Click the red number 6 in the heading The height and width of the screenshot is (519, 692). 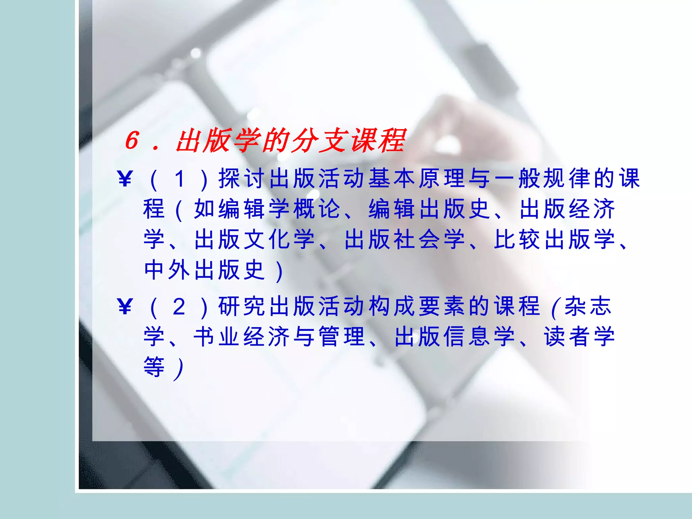pyautogui.click(x=132, y=140)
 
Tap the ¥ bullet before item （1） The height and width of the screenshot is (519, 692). pyautogui.click(x=125, y=178)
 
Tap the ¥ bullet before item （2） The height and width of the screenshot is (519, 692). pyautogui.click(x=125, y=306)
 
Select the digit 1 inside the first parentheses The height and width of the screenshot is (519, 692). pyautogui.click(x=179, y=178)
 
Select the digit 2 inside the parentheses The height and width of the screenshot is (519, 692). pyautogui.click(x=179, y=306)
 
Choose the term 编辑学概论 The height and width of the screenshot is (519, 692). pyautogui.click(x=267, y=209)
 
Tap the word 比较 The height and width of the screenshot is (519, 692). pyautogui.click(x=517, y=239)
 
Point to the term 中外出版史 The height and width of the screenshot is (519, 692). pyautogui.click(x=204, y=270)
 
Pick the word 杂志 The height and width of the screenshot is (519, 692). pyautogui.click(x=588, y=306)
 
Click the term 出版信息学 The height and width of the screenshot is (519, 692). pyautogui.click(x=454, y=337)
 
